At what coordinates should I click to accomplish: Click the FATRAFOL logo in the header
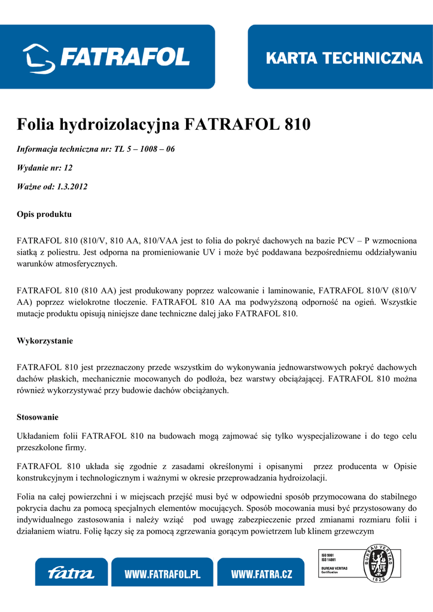pos(106,57)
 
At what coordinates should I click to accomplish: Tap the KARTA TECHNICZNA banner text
pos(344,58)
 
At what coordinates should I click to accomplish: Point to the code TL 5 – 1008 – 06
pos(144,149)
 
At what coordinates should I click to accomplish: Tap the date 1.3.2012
pos(72,187)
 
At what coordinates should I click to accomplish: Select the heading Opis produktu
pos(44,214)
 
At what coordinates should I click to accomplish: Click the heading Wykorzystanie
pos(45,341)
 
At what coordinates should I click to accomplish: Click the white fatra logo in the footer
pos(71,574)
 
